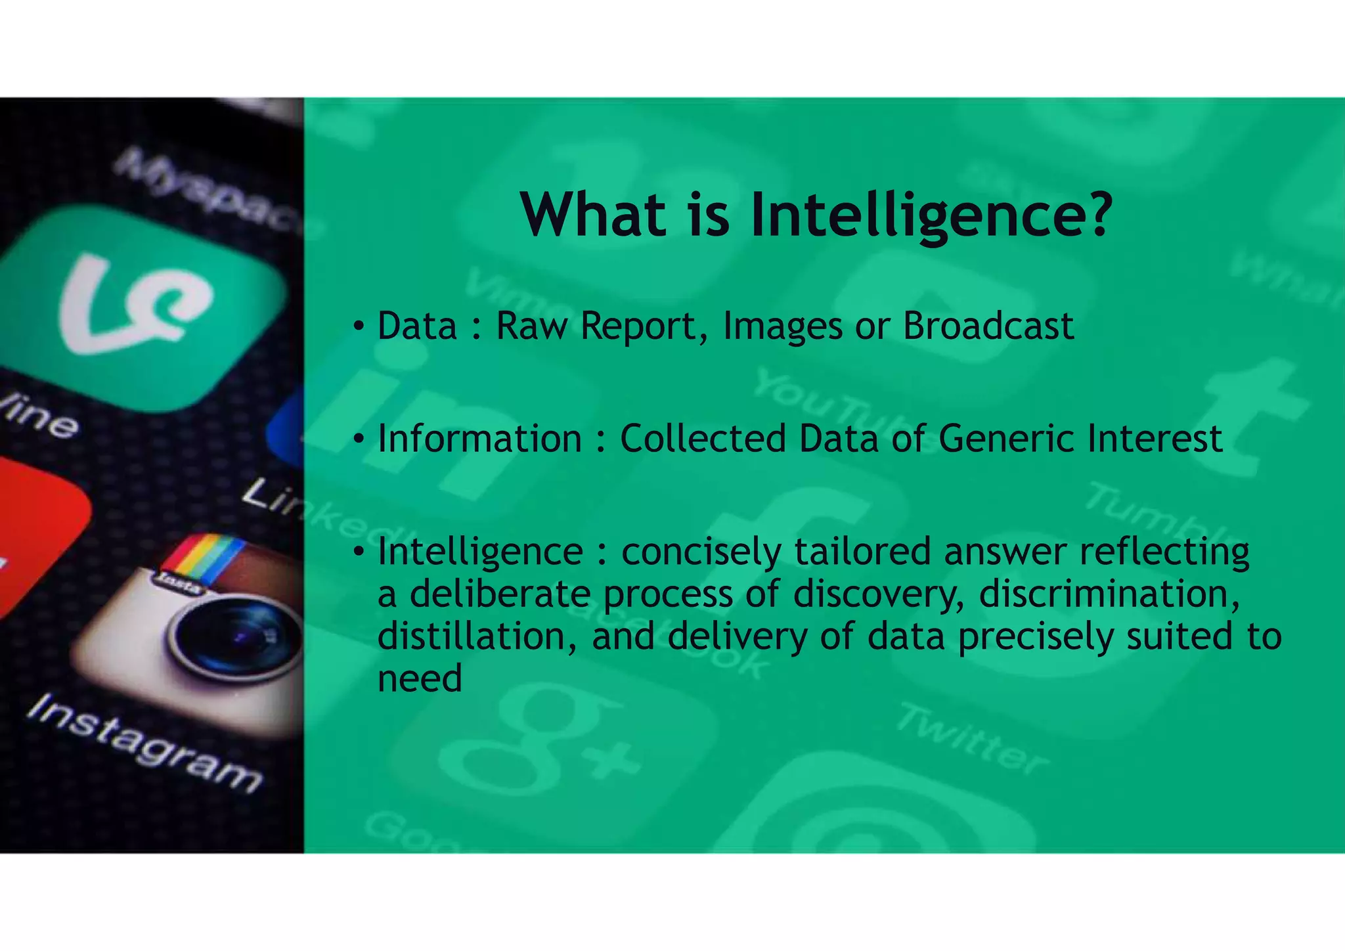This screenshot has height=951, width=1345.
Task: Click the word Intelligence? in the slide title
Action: click(x=931, y=215)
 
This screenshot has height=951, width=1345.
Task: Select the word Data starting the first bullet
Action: click(x=417, y=326)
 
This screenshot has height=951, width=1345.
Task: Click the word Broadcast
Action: click(x=988, y=326)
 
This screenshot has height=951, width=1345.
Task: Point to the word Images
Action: click(x=782, y=327)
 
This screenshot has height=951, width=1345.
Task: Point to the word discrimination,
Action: click(x=1109, y=594)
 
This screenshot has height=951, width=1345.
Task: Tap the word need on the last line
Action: click(x=420, y=678)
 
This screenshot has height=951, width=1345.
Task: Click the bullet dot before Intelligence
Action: click(x=358, y=551)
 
